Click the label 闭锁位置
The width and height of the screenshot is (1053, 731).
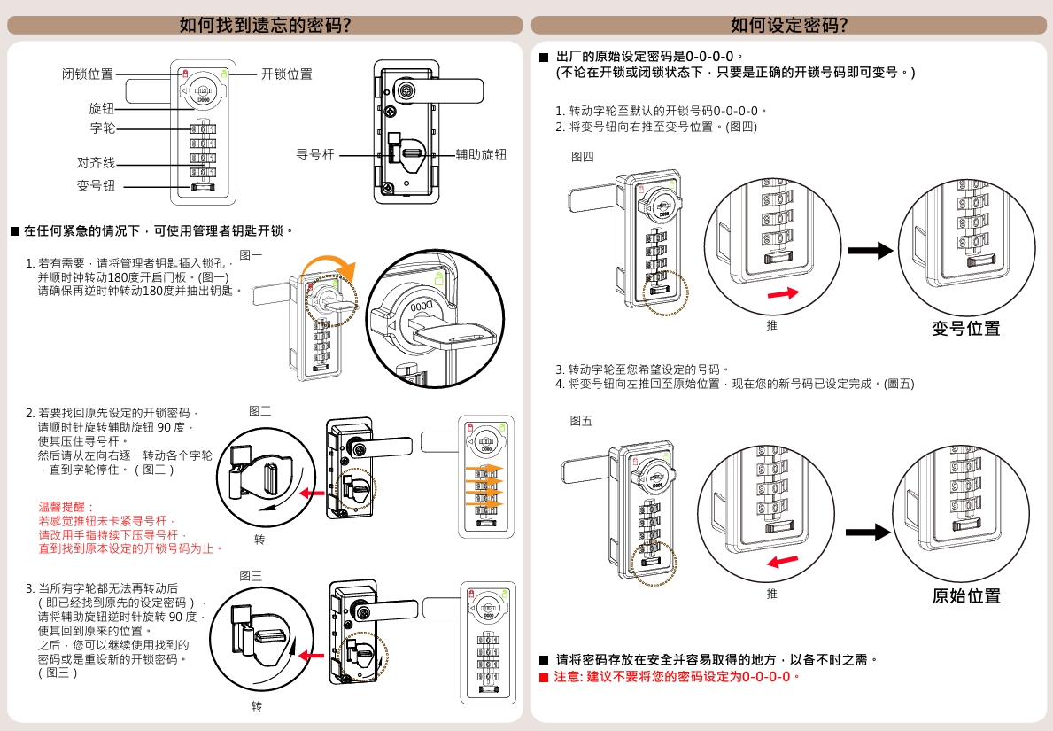click(x=88, y=74)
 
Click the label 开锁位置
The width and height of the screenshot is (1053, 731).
click(x=286, y=74)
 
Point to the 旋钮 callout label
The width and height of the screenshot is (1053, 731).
click(x=102, y=108)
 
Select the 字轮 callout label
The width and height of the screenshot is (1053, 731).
click(x=102, y=128)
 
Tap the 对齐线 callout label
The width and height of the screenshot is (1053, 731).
click(x=96, y=163)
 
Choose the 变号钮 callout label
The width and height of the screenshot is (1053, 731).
click(x=96, y=186)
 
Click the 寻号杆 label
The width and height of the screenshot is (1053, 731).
click(x=314, y=155)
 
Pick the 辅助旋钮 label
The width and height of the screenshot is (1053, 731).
click(x=481, y=155)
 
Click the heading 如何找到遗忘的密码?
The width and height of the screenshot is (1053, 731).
click(x=265, y=25)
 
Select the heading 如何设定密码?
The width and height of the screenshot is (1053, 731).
click(x=789, y=25)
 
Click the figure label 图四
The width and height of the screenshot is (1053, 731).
click(x=583, y=157)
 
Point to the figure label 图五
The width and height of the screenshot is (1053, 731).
click(x=581, y=420)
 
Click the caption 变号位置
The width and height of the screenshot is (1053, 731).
click(x=965, y=329)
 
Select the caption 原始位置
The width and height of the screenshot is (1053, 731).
click(x=965, y=595)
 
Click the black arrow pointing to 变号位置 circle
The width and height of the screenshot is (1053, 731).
click(x=871, y=251)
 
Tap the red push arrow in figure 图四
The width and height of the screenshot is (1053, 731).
click(x=779, y=293)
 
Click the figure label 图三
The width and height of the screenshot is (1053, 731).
click(x=251, y=576)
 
